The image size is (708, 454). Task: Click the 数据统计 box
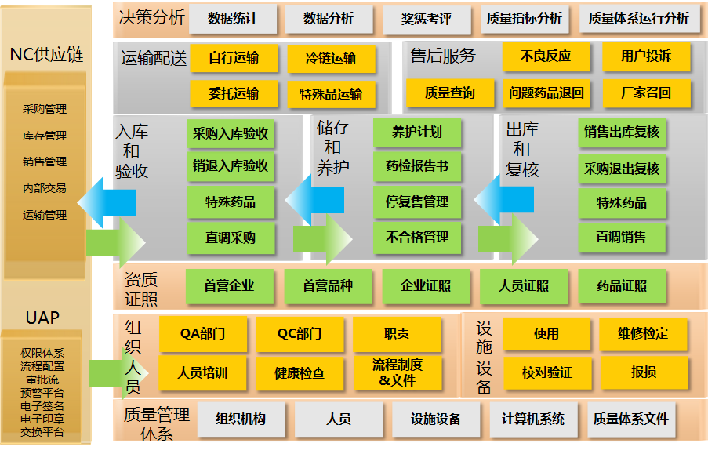point(233,19)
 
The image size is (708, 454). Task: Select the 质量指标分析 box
point(525,19)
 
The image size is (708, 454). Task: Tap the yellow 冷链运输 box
point(331,58)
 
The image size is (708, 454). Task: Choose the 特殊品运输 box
point(331,94)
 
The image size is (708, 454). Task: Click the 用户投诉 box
point(646,56)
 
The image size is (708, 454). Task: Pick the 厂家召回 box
point(646,93)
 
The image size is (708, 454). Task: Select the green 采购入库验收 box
point(231,133)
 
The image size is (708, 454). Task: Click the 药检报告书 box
point(417,166)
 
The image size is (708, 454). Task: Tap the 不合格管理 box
point(417,237)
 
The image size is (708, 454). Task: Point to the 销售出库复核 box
point(622,133)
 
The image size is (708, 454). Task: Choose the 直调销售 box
point(622,237)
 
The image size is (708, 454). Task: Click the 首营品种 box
point(328,286)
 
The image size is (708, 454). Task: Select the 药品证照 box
point(622,286)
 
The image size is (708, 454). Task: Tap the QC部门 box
point(300,333)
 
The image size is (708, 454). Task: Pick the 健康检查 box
point(300,373)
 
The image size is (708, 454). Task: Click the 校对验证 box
point(547,372)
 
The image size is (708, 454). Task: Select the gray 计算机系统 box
point(533,419)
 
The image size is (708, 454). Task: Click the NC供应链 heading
point(46,55)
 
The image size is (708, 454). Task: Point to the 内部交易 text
point(45,188)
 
